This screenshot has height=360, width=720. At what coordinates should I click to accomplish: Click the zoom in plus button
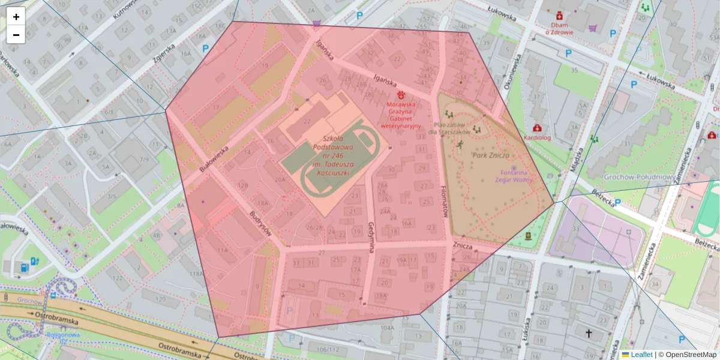16,17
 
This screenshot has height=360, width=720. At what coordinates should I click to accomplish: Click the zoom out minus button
16,35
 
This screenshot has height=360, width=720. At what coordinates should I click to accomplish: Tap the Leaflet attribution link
641,355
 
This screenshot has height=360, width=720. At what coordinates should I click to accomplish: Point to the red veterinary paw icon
401,95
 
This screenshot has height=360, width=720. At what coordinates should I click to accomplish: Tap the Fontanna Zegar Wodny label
514,175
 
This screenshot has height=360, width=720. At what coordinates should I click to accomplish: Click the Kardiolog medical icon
537,128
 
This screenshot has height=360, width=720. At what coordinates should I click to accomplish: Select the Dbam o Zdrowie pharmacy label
559,29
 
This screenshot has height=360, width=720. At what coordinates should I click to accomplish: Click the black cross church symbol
589,333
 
